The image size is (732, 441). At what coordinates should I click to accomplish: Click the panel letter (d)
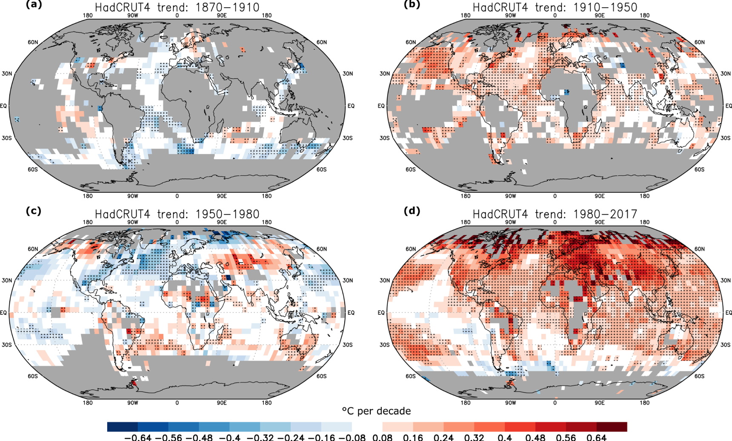point(411,211)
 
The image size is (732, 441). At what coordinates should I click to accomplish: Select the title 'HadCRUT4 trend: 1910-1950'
point(555,7)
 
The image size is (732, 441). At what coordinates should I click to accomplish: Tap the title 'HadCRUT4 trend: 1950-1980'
point(177,214)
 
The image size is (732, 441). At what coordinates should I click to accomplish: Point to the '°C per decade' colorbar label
point(376,411)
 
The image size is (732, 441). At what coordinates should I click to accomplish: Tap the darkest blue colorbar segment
point(123,427)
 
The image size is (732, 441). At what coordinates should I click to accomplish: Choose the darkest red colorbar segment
point(612,427)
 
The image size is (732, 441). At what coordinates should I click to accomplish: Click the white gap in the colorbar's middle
point(367,427)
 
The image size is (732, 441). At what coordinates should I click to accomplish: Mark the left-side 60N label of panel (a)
point(33,42)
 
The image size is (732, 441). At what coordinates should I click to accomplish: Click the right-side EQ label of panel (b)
point(728,106)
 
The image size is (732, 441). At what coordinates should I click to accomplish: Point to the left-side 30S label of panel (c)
point(7,345)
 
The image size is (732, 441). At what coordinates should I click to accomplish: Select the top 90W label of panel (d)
point(510,222)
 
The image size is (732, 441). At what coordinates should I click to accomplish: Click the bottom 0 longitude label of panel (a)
point(177,196)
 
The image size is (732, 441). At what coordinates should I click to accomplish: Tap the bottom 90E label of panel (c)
point(222,403)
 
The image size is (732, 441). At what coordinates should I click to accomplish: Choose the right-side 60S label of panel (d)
point(699,376)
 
